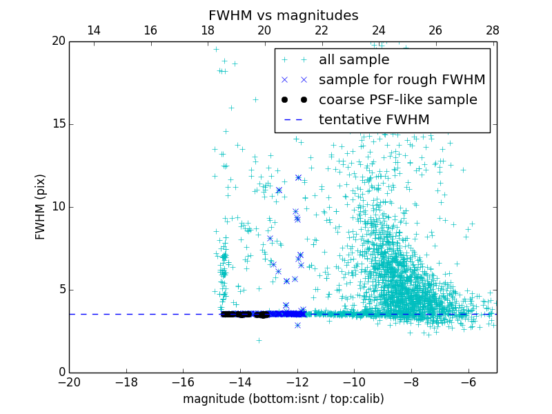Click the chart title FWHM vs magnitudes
point(283,15)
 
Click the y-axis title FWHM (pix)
point(41,206)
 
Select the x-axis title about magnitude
point(283,399)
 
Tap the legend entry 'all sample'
point(354,60)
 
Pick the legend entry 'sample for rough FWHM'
point(402,80)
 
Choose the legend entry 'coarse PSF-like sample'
point(397,100)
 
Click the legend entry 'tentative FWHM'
point(374,120)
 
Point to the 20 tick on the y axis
point(57,41)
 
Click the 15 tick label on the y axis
point(57,124)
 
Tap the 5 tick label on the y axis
point(61,290)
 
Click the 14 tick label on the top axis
point(93,30)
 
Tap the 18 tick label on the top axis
point(207,30)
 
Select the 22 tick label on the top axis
point(322,30)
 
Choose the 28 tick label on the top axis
point(492,30)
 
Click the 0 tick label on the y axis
point(61,373)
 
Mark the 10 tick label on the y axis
point(57,207)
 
